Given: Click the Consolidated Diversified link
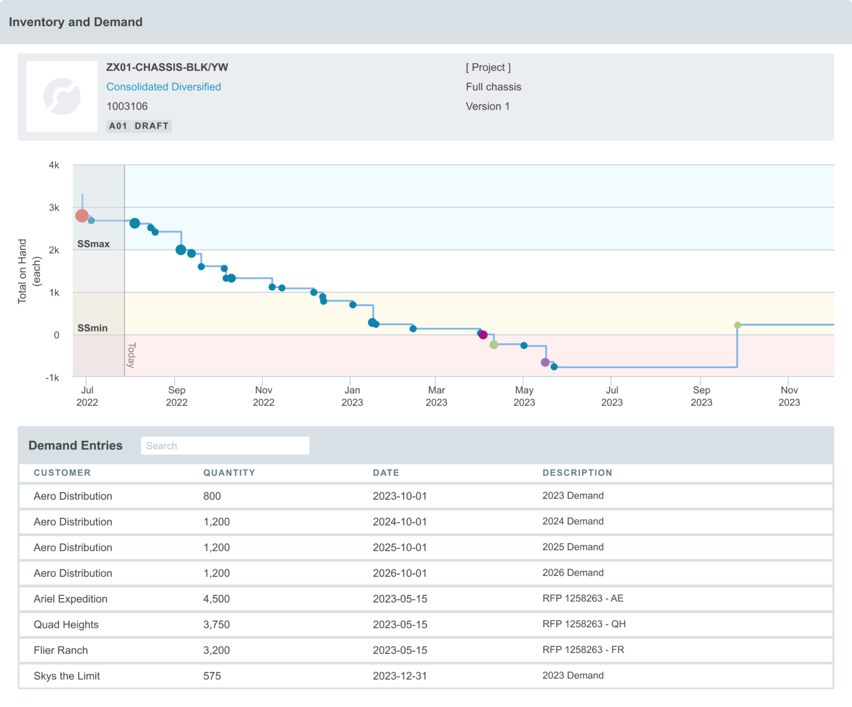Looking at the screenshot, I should tap(163, 87).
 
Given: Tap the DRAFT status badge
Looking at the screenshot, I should tap(151, 126).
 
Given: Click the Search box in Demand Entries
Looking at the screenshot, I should tap(225, 446).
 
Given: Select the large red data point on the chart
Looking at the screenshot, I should tap(82, 216).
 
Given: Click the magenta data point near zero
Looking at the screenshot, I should tap(483, 335).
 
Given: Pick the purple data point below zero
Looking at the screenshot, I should tap(545, 362).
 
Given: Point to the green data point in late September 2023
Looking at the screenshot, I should tap(737, 325).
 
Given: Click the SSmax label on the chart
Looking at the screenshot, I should tap(93, 244).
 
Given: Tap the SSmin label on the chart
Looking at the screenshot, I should tap(93, 328).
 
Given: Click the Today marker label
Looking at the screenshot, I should tap(131, 355).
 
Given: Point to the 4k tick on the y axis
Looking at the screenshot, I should tap(54, 165).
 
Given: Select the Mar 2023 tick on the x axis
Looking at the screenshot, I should tap(436, 396).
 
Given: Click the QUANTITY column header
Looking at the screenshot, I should tap(229, 473).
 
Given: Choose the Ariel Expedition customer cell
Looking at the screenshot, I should tap(70, 599).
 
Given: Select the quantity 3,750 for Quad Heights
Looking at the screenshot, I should tap(216, 624).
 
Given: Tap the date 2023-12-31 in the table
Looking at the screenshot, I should tap(399, 676).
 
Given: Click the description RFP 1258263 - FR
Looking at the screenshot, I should tap(583, 650).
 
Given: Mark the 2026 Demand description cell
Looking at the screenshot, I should tap(572, 573).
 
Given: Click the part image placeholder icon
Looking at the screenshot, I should tap(62, 96).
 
